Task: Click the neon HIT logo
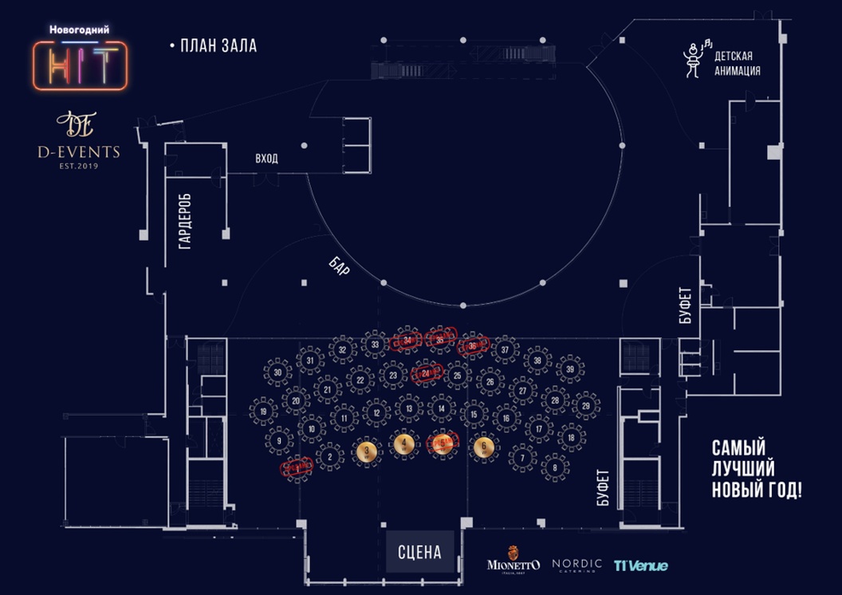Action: pos(80,65)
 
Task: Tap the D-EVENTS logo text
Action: pos(77,152)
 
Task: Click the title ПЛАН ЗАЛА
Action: pos(218,46)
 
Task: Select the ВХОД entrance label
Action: pos(266,159)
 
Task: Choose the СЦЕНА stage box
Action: pos(419,551)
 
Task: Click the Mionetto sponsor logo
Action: pos(513,562)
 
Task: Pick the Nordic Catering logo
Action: pos(576,565)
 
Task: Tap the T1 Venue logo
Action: pos(640,565)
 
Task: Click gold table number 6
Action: pos(483,447)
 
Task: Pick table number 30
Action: pos(277,372)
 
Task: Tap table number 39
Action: pos(569,369)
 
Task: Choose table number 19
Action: pos(263,412)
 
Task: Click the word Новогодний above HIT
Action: pos(79,30)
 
